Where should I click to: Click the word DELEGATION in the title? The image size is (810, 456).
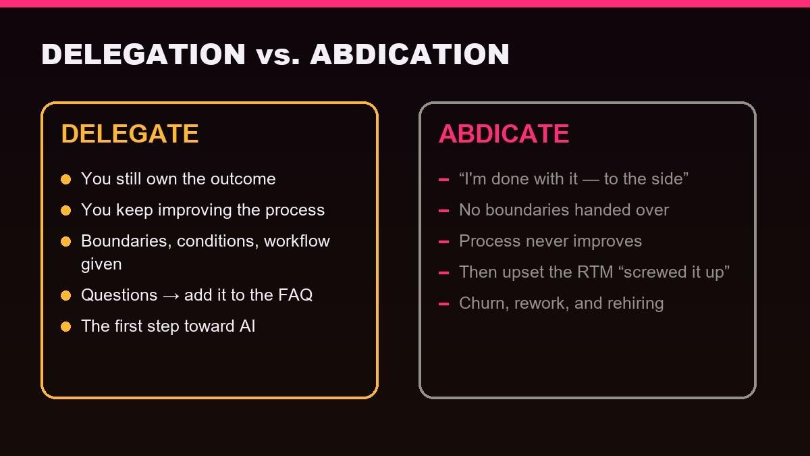point(144,54)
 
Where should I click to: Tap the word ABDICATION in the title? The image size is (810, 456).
point(410,54)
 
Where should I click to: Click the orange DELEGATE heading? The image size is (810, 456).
point(130,134)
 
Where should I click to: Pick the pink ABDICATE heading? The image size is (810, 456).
point(504,134)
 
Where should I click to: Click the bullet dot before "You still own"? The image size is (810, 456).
point(66,179)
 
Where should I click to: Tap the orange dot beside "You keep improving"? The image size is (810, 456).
point(66,210)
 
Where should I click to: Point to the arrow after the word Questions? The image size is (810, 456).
point(171,296)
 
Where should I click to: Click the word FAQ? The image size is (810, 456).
point(296,295)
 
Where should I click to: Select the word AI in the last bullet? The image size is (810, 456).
point(247,326)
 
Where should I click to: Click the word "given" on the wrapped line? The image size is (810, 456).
point(101,265)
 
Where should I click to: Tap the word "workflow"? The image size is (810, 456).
point(297,241)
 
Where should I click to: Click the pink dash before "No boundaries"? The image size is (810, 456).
point(443,211)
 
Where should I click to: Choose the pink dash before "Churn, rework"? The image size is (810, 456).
point(443,304)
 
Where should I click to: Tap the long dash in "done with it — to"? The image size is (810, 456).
point(591,180)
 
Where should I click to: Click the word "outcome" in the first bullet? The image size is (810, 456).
point(244,179)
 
